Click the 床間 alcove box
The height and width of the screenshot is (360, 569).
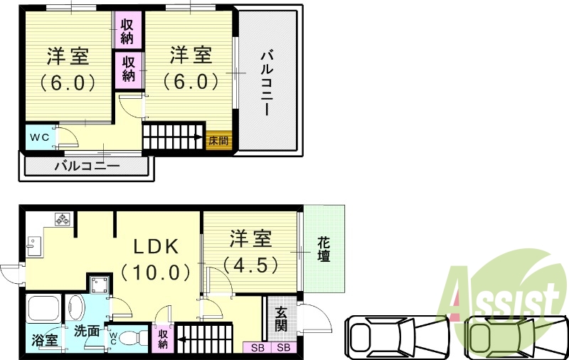point(218,140)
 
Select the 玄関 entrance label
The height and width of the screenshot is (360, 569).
point(281,319)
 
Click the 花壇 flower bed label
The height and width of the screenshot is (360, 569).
point(324,249)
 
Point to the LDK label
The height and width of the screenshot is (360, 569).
point(157,246)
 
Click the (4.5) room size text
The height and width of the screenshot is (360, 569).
point(250,266)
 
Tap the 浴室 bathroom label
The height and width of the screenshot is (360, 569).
point(45,341)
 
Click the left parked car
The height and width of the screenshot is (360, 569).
point(398,334)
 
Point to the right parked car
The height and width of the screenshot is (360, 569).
point(510,334)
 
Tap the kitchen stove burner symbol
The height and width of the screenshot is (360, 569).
point(62,220)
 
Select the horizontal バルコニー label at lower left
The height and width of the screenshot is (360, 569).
point(87,167)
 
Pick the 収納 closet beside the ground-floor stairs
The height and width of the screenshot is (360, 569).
point(163,339)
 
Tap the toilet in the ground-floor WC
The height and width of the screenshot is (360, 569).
point(128,337)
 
